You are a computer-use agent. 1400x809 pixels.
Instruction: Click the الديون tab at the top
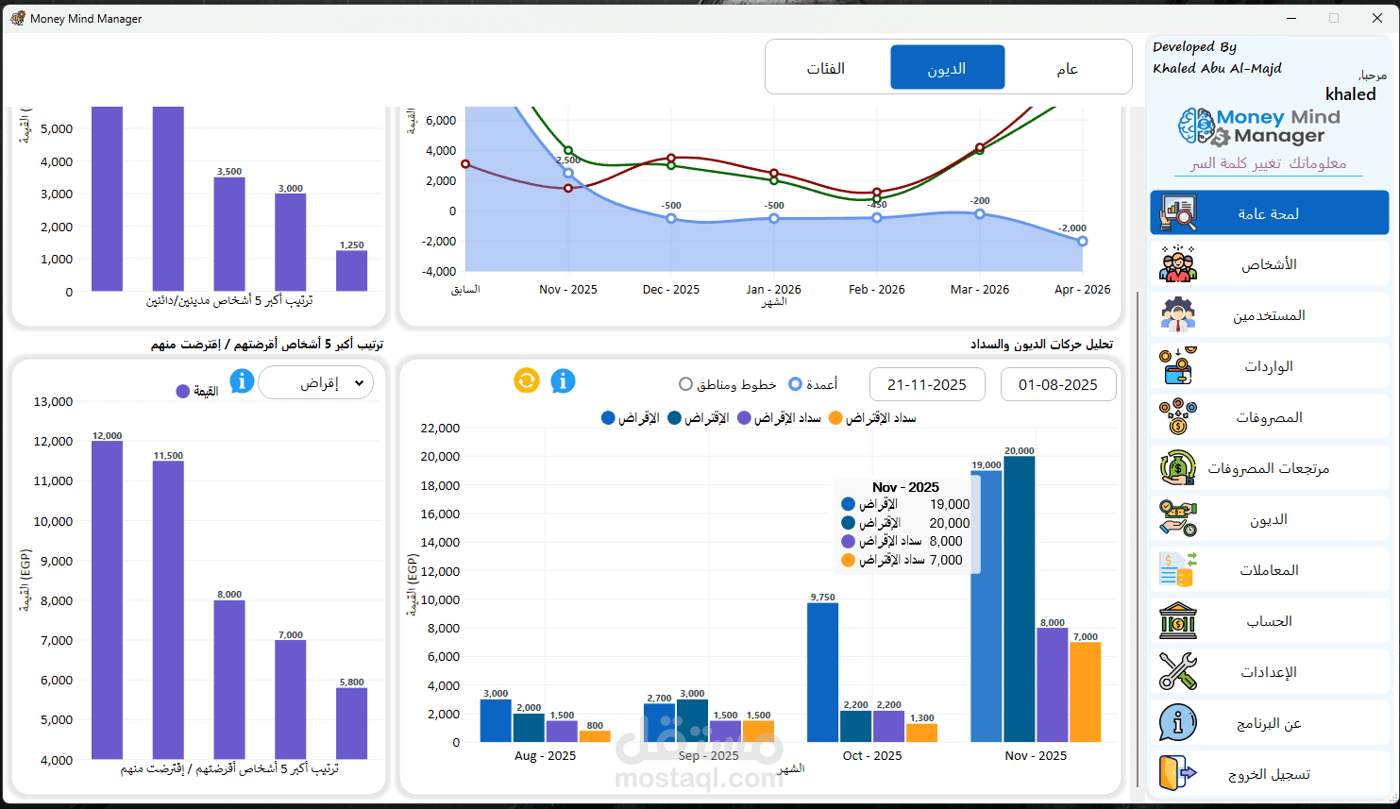click(x=947, y=68)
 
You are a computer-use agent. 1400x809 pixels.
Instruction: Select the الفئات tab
click(x=826, y=68)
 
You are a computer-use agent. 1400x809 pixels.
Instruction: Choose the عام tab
click(x=1067, y=68)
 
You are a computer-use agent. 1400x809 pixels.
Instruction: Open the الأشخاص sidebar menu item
click(x=1269, y=264)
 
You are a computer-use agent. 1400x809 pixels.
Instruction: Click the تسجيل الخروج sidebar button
click(x=1269, y=774)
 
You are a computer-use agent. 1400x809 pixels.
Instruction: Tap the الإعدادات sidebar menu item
click(x=1269, y=672)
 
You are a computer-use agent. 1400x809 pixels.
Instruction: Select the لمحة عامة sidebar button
click(x=1269, y=213)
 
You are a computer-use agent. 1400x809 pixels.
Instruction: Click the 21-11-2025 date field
click(x=926, y=384)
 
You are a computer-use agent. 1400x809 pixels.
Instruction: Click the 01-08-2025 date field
click(x=1057, y=384)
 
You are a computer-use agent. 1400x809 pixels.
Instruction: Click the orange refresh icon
click(x=527, y=380)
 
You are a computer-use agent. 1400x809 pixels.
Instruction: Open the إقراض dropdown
click(x=316, y=382)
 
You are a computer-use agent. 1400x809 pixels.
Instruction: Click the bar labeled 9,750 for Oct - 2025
click(x=822, y=672)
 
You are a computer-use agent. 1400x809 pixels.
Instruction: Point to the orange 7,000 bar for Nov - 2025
click(x=1085, y=692)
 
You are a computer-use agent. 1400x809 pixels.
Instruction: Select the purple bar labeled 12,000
click(x=107, y=599)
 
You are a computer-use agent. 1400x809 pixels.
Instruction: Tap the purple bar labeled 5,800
click(x=351, y=723)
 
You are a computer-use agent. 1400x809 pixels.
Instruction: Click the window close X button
click(x=1377, y=18)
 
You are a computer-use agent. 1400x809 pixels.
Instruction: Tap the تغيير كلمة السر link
click(x=1237, y=163)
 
